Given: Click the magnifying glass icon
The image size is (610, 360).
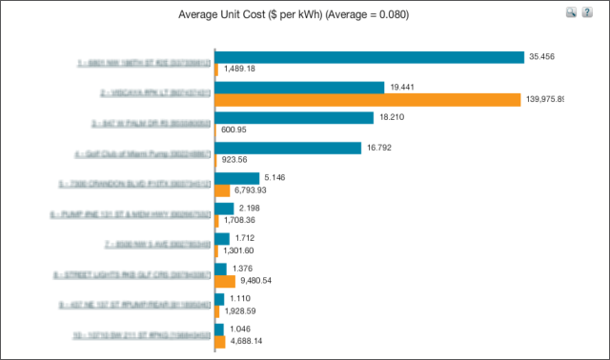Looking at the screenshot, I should pos(571,12).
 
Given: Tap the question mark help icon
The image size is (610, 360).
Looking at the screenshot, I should pos(588,12).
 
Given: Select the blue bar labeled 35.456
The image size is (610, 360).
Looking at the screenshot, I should pos(370,57).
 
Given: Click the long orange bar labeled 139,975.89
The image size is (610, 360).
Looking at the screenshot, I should pos(368,99).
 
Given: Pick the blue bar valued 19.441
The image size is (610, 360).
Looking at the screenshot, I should pos(300,87).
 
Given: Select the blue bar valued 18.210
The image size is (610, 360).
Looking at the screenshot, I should pos(295,117).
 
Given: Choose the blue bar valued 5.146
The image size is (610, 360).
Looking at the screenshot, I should pos(237,178).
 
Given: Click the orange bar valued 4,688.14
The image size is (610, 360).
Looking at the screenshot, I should pos(220,341).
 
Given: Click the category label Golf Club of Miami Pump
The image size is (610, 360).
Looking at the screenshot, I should pos(143,153).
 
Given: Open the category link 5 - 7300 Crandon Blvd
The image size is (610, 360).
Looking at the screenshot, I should pos(143,184).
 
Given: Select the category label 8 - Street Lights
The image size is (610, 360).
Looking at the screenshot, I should pos(143,275).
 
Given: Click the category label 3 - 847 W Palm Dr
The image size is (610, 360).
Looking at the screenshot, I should pos(143,123).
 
